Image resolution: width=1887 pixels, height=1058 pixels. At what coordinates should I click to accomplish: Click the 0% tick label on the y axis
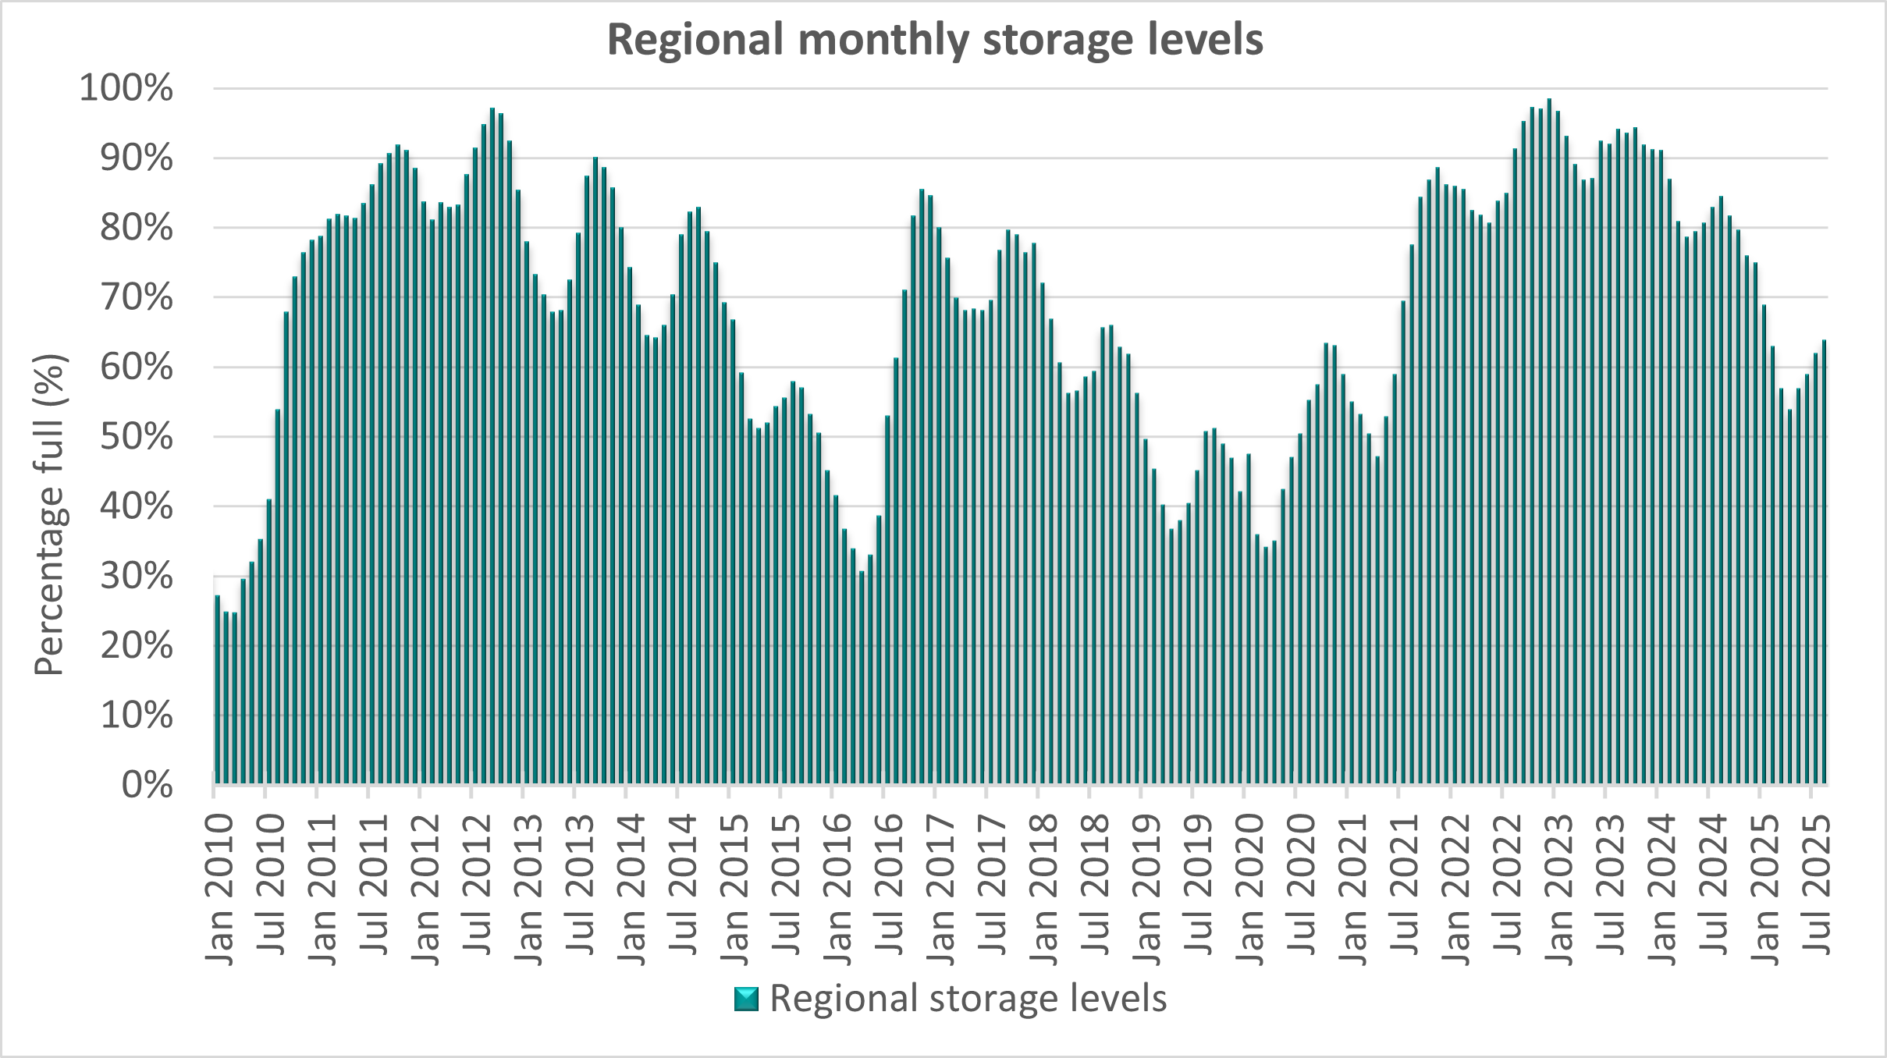147,785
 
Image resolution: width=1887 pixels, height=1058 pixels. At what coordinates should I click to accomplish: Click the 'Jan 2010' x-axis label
220,889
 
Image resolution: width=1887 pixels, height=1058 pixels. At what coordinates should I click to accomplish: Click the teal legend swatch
746,999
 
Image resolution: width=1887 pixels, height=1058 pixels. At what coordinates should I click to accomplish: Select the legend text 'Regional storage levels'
968,999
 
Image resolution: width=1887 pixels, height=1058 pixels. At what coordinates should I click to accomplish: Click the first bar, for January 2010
217,691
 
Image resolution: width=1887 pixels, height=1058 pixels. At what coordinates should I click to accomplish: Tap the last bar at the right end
1824,562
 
